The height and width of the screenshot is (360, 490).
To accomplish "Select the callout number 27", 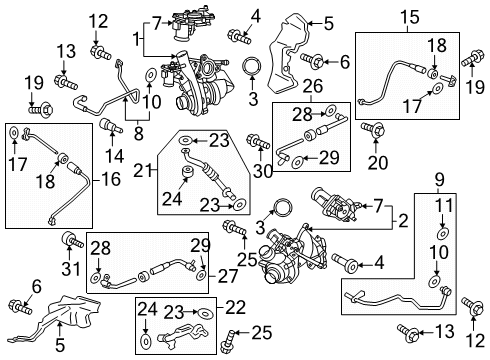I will (x=227, y=276).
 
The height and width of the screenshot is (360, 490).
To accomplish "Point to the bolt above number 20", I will (x=379, y=130).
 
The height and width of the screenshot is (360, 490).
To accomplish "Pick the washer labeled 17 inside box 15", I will (x=436, y=89).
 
